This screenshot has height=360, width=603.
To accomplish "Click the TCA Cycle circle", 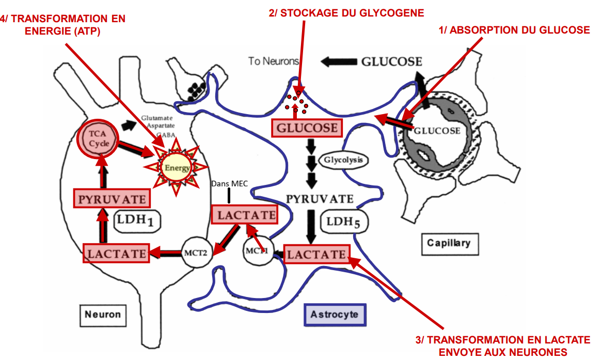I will [x=98, y=139].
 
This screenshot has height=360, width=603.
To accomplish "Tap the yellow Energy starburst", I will [x=177, y=168].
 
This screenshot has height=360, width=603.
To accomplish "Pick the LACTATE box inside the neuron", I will [x=117, y=253].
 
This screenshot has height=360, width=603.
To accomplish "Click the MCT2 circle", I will [x=196, y=253].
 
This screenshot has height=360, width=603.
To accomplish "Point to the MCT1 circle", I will [x=257, y=252].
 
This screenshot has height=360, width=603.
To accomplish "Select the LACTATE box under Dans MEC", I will [x=244, y=215].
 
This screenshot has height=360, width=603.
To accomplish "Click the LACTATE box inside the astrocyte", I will [x=316, y=254].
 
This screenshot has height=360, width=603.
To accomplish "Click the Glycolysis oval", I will [x=343, y=160].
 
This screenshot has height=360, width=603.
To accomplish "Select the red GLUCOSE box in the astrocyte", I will [x=307, y=128].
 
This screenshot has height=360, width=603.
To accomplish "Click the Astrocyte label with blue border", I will [x=335, y=314].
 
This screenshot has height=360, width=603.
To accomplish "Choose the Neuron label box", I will [x=103, y=314].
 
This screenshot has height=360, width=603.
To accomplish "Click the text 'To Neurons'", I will [x=273, y=61].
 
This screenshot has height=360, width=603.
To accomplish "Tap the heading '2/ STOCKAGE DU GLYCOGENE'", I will [x=346, y=12].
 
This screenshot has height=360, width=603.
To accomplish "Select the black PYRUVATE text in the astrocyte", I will [x=320, y=199].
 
